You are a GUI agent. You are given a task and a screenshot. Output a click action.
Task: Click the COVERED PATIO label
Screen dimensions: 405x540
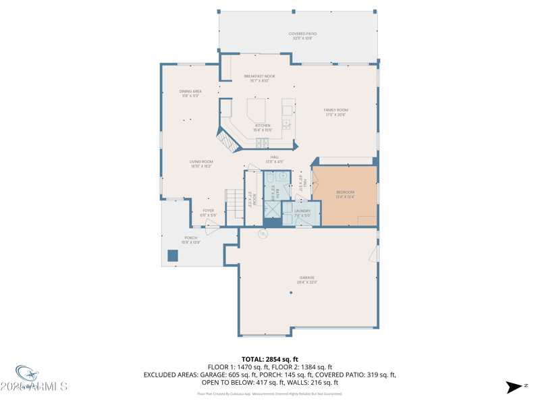coord(302,34)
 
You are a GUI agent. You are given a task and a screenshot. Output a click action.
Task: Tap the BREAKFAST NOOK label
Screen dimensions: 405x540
coord(259,77)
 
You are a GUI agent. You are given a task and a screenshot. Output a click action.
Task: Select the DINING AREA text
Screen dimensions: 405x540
coord(190,92)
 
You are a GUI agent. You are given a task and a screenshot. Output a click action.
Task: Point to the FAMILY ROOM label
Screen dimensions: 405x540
coord(335,110)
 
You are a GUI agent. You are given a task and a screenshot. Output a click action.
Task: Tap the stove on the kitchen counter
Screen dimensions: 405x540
coord(262,142)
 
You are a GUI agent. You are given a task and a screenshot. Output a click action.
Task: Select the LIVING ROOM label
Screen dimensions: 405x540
coord(201,162)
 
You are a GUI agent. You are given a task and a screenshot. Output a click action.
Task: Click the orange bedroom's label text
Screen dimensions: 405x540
coord(345,192)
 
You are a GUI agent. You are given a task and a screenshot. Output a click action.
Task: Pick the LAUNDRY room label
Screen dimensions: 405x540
coord(302,211)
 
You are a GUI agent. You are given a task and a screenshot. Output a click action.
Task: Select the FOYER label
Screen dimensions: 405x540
coord(209,211)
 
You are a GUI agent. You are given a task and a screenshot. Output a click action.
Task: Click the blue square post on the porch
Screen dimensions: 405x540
coord(173,256)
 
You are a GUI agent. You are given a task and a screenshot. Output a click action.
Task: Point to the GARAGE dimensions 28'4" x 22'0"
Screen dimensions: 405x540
coord(307,282)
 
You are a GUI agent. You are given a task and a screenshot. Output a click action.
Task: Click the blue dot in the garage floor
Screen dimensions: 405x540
coord(291,293)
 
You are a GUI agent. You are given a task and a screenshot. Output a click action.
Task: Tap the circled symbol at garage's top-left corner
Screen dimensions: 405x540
coord(263,234)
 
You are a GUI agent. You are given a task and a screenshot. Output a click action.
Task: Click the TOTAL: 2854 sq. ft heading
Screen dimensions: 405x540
coord(270,359)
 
